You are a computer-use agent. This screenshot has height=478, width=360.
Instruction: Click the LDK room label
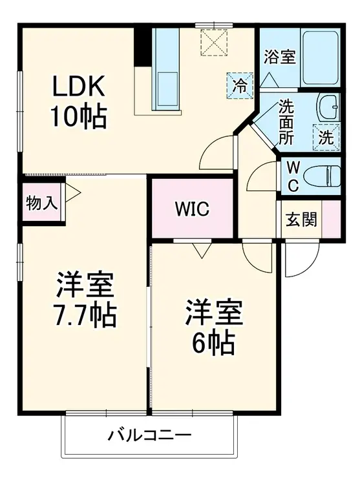pos(77,86)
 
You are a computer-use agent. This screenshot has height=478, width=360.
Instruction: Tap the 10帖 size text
pos(78,116)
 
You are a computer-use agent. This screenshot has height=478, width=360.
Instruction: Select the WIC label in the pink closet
pos(191,209)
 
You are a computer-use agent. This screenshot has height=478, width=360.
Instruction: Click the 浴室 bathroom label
pos(279,57)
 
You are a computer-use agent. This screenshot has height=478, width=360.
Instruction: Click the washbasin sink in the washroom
pos(328,104)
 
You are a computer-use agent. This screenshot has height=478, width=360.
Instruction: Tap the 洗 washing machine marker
pos(326,137)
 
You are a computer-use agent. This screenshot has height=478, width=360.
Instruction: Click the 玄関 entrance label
pos(301,220)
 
